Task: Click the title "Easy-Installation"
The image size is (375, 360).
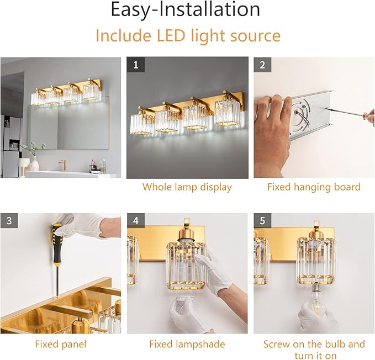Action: (185, 10)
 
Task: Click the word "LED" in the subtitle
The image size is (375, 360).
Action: (168, 35)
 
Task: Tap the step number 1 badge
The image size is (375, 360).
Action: (136, 65)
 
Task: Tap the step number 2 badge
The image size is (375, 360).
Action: (262, 65)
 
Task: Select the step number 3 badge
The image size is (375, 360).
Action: (9, 221)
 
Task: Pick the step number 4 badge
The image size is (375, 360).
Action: (136, 221)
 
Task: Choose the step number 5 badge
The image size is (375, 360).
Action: (262, 221)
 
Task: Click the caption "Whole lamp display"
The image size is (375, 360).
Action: (187, 187)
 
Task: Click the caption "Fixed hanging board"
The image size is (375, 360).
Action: (314, 187)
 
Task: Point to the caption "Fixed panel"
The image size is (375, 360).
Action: (61, 344)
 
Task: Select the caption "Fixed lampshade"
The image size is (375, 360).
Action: (187, 344)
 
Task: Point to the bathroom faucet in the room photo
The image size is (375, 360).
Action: (62, 164)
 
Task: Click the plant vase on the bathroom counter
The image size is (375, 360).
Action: (34, 163)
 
